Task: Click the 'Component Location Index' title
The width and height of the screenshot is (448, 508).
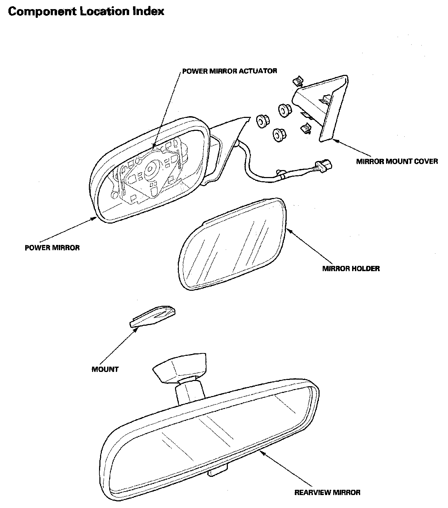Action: click(86, 11)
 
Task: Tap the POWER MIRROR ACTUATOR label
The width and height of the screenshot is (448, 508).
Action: click(230, 71)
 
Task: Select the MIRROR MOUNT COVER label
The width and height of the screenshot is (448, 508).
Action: click(397, 161)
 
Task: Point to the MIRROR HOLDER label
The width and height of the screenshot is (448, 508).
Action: click(351, 269)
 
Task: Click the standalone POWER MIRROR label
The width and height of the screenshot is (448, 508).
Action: click(52, 248)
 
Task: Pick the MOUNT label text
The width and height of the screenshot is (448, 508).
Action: click(105, 369)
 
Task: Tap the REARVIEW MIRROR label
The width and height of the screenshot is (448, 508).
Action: click(327, 492)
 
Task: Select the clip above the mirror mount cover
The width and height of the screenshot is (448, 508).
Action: click(297, 81)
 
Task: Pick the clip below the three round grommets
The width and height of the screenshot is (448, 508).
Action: click(306, 128)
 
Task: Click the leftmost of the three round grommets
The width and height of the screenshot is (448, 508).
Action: click(262, 121)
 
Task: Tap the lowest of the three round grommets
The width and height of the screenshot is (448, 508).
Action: click(279, 134)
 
